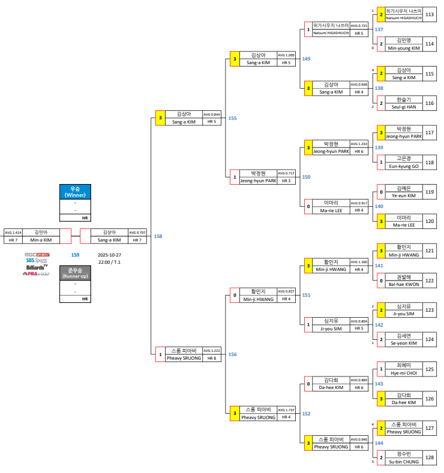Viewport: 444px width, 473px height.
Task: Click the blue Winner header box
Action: click(x=75, y=191)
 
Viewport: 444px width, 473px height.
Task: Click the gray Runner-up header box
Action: click(x=75, y=273)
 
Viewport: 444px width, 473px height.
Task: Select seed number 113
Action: click(x=430, y=14)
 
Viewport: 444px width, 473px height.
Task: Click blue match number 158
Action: click(x=158, y=236)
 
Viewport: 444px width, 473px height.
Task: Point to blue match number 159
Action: click(x=75, y=254)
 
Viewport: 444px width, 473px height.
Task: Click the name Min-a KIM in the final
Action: click(x=41, y=240)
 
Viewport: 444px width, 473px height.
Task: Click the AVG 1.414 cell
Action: click(x=13, y=233)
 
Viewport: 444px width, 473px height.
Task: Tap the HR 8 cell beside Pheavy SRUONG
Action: click(x=211, y=358)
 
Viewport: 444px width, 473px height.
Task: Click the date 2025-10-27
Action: click(x=109, y=254)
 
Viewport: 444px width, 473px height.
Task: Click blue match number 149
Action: click(x=306, y=59)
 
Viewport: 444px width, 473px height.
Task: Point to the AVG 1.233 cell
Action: click(x=359, y=144)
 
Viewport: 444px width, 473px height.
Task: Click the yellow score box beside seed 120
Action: click(x=380, y=221)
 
